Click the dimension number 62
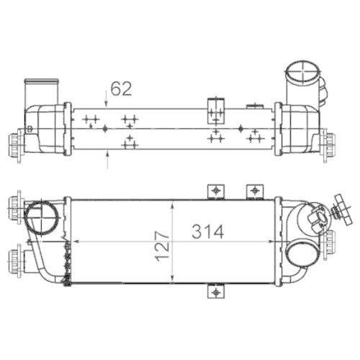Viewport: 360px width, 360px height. coord(121,89)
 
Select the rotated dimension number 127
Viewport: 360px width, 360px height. coord(162,245)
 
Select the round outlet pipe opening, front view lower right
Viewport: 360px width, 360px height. coord(297,253)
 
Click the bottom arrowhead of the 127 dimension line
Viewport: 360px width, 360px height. coord(171,280)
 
